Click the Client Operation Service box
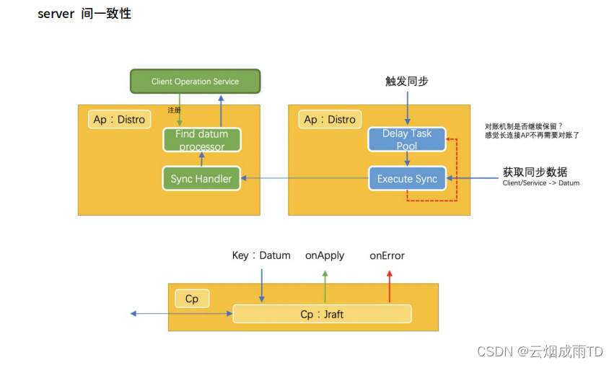click(195, 82)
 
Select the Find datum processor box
click(201, 140)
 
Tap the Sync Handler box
click(201, 178)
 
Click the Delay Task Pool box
click(407, 140)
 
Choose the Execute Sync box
click(407, 178)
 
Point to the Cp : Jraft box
click(322, 314)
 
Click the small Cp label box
click(192, 298)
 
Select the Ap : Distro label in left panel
click(119, 119)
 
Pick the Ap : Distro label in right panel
click(330, 119)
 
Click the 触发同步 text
click(407, 82)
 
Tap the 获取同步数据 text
click(535, 172)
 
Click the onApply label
click(325, 255)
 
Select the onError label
click(387, 255)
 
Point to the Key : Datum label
click(261, 255)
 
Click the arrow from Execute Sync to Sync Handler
click(304, 178)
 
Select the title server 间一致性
click(84, 14)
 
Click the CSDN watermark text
click(540, 351)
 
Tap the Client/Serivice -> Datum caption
click(541, 183)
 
